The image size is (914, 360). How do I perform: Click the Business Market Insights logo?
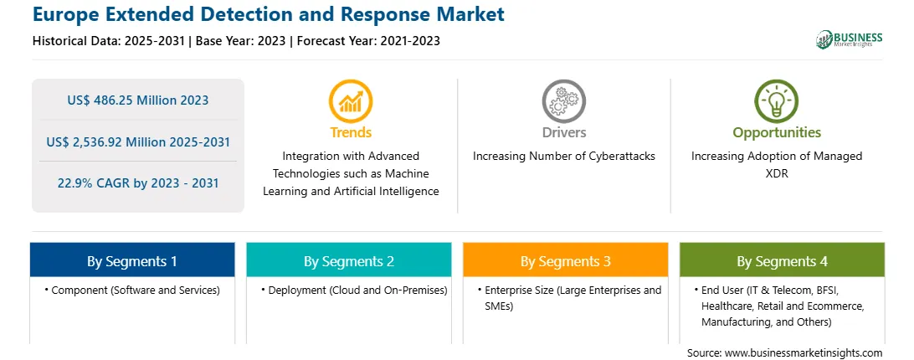[850, 39]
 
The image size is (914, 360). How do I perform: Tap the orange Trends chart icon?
[351, 101]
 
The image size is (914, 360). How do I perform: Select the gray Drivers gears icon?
[563, 101]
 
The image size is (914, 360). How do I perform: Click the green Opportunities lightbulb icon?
[777, 101]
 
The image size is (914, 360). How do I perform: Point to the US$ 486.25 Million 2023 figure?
[137, 100]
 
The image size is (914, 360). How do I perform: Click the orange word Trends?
[351, 132]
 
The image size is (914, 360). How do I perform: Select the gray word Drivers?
[563, 132]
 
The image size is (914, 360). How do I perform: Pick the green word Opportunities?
[777, 133]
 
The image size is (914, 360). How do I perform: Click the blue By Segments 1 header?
[132, 260]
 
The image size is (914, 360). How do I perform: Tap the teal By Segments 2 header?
[348, 260]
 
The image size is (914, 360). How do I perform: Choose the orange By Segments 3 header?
[566, 260]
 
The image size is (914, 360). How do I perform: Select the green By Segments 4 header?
[783, 260]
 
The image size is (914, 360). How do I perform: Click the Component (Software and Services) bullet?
[132, 291]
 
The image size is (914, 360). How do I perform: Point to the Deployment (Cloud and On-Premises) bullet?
[354, 291]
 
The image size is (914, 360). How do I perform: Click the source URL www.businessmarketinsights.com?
[804, 353]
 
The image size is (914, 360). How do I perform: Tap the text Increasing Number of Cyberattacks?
[563, 157]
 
